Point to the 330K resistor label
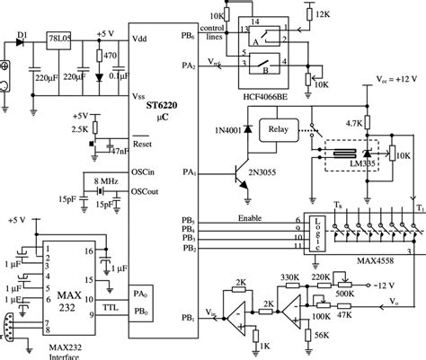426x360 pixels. [290, 278]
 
